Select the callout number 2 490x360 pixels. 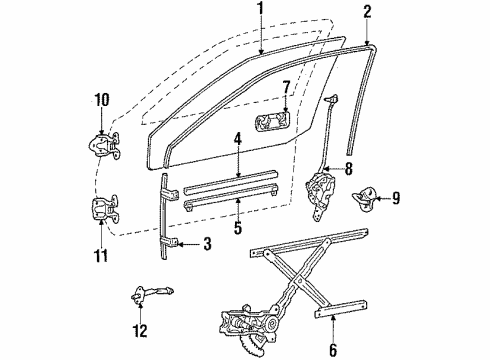tap(367, 12)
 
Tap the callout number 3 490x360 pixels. tap(207, 244)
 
